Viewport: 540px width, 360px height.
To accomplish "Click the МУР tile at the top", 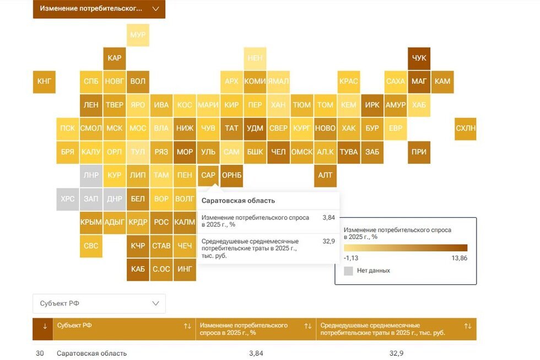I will tap(138, 35).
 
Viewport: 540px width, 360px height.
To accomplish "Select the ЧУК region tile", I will tap(419, 58).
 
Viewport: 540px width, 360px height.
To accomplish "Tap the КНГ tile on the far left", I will tap(44, 81).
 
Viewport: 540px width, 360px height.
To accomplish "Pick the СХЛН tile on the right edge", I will tap(466, 128).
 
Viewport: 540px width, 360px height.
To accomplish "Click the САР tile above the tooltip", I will tap(208, 175).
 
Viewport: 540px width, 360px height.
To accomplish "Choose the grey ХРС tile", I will tap(68, 199).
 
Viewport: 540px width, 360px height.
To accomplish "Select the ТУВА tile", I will tap(349, 152).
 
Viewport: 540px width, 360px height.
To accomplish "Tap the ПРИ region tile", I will tap(419, 152).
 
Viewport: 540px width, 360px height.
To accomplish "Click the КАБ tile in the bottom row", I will tap(138, 269).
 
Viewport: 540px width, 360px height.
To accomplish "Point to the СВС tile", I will tap(91, 246).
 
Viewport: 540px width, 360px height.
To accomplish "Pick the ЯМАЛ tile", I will tap(278, 81).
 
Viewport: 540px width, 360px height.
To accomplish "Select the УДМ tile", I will tap(255, 128).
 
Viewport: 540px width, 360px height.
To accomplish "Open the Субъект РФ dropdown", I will tap(99, 303).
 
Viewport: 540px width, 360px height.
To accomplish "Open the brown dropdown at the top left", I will tap(99, 9).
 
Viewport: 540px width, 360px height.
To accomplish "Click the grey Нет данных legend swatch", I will tap(348, 271).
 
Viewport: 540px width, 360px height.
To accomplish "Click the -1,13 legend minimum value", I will tap(352, 258).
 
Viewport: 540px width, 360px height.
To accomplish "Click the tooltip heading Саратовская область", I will tap(238, 201).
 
